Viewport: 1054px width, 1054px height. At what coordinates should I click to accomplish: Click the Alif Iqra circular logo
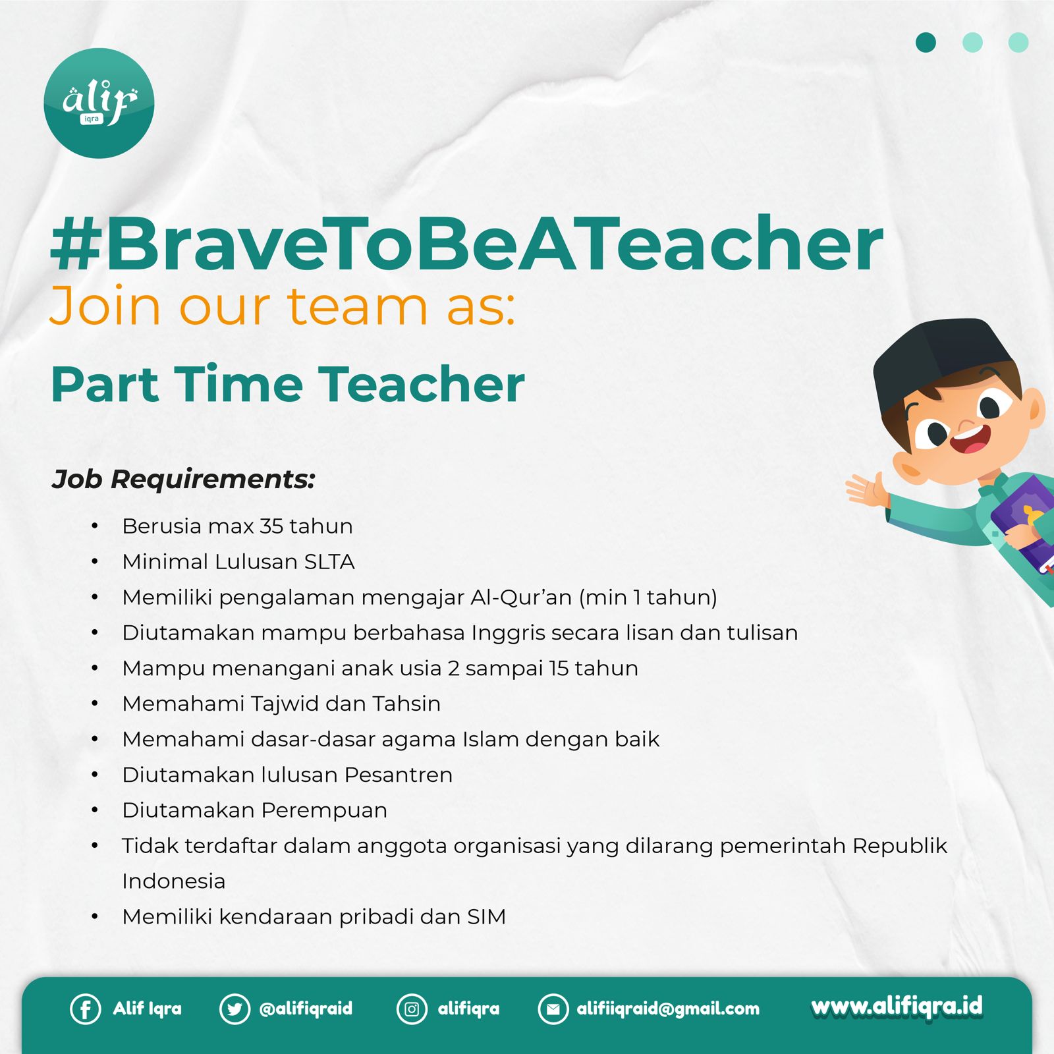point(99,103)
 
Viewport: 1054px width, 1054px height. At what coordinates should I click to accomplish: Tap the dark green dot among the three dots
point(926,42)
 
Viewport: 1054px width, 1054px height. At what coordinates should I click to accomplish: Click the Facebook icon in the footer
point(86,1009)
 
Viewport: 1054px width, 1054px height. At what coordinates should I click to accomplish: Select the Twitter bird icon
point(235,1009)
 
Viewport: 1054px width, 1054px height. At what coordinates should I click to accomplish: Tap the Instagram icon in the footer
point(412,1009)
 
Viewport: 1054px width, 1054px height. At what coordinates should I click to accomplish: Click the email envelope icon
point(553,1009)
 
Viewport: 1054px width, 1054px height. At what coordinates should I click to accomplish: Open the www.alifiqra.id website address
point(897,1007)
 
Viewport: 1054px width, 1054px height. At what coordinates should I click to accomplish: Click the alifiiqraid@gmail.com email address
point(668,1009)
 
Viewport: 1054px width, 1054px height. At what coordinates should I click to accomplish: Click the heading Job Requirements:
point(184,480)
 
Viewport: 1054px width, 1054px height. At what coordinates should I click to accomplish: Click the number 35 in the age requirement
point(271,526)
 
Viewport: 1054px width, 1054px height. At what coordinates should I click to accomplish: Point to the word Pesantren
point(399,775)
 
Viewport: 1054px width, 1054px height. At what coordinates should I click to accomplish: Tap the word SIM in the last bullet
point(486,917)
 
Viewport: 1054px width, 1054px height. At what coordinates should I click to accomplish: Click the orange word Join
point(105,306)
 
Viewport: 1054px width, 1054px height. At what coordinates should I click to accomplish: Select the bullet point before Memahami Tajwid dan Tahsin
point(95,704)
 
